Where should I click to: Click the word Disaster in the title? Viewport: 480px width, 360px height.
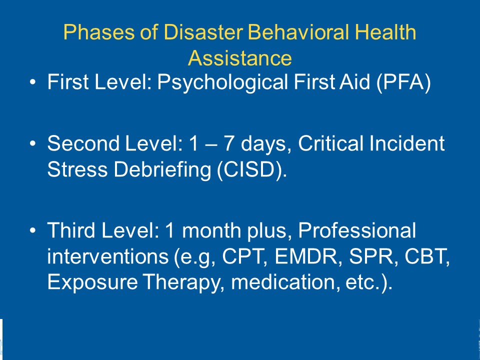point(203,32)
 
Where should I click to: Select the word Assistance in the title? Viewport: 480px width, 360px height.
point(239,58)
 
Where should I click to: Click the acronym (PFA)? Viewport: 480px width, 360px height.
point(403,82)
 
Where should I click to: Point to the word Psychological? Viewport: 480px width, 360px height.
point(222,82)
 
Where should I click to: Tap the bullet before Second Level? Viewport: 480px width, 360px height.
point(33,143)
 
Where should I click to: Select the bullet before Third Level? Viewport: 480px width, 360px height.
point(33,230)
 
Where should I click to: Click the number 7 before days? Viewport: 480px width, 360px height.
point(229,143)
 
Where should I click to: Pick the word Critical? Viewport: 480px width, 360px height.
point(331,143)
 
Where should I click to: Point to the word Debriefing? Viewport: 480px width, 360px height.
point(162,170)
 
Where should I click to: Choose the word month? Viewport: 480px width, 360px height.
point(214,230)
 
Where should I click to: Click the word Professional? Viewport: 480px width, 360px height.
point(357,230)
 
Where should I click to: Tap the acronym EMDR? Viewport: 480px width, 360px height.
point(305,256)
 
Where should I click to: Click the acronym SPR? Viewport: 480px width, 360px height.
point(370,256)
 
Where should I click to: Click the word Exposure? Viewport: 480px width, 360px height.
point(92,282)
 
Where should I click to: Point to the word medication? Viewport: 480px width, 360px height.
point(283,282)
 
